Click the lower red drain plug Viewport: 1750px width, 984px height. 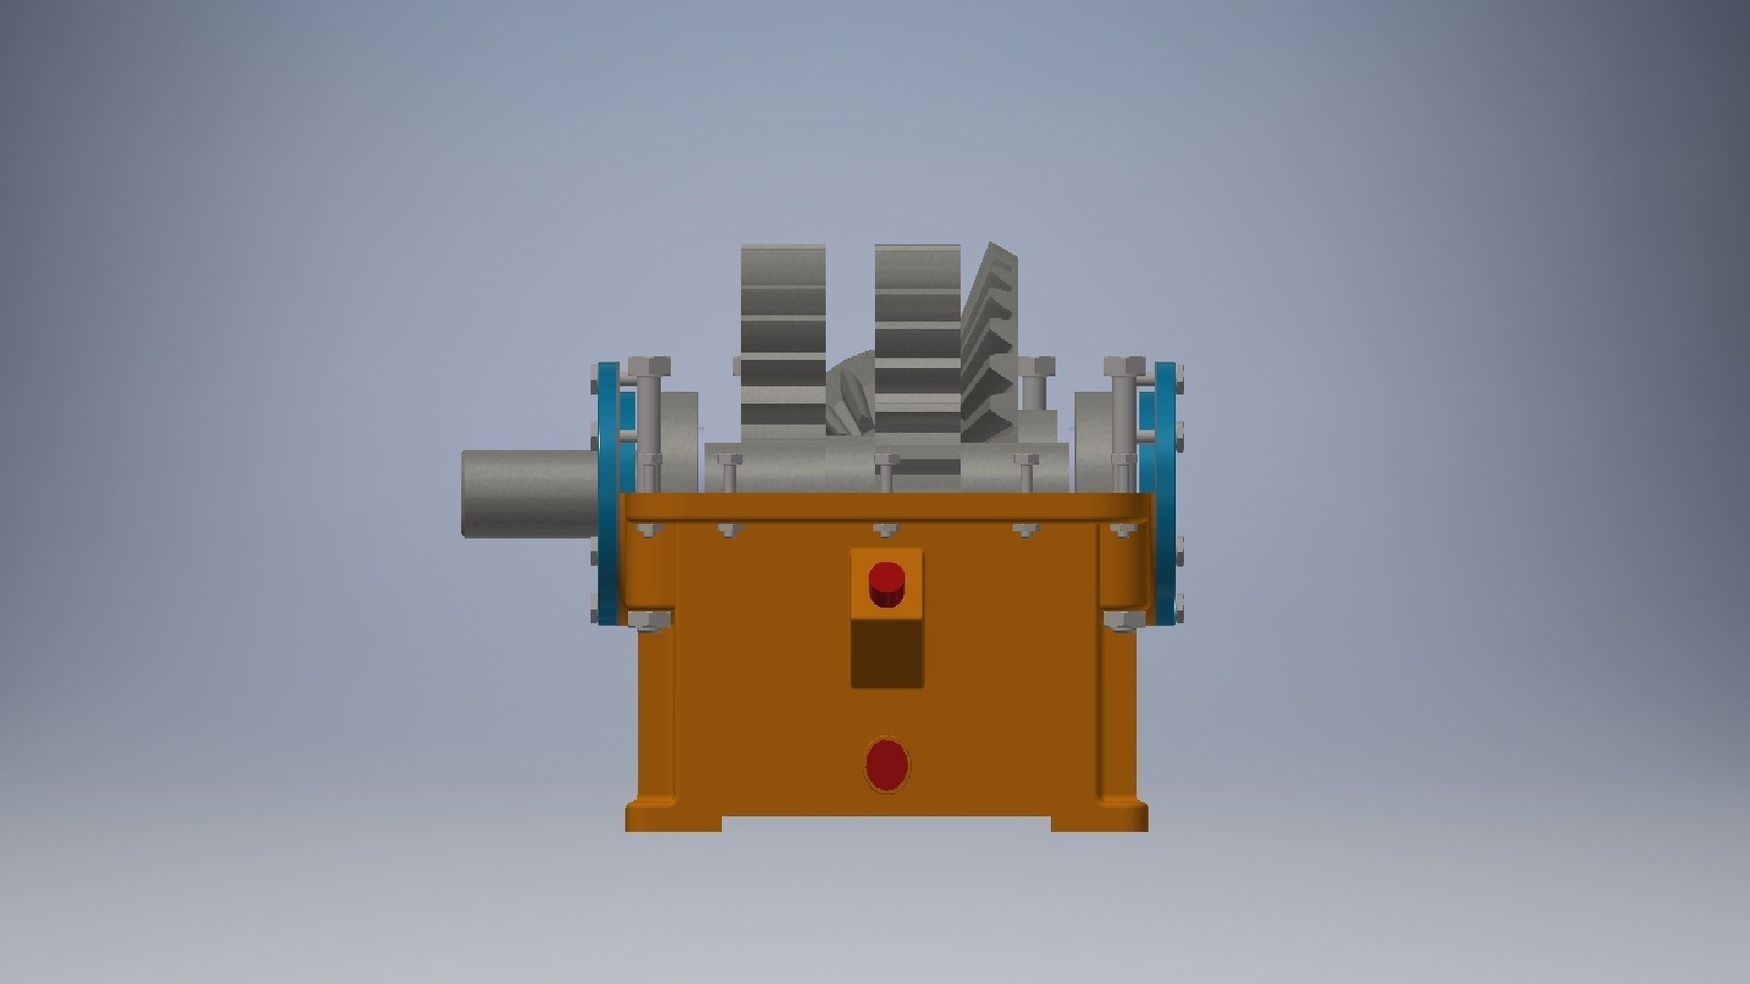[x=887, y=764]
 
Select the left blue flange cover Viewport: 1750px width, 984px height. [x=607, y=492]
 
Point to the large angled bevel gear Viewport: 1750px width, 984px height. [x=991, y=337]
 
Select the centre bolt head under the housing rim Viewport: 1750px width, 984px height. [x=886, y=529]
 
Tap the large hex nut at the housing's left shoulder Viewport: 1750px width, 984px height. [x=649, y=620]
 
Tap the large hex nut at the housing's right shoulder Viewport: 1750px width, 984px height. [x=1124, y=620]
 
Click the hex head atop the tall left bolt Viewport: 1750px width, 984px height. [x=648, y=367]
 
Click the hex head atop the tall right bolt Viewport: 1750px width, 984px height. [x=1124, y=367]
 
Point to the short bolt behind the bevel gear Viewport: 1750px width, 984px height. [x=1035, y=383]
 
